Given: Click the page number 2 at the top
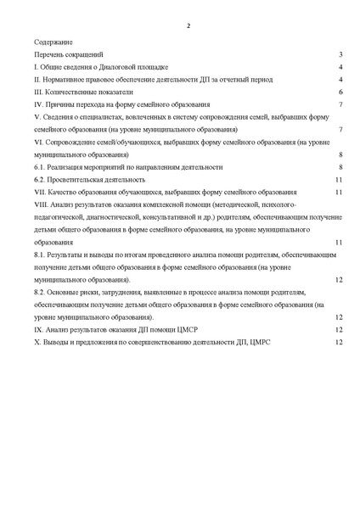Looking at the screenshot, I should tap(188, 26).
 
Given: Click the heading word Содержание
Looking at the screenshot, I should tap(53, 41).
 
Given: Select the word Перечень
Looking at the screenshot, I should tap(49, 53).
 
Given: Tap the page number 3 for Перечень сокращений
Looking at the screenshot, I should tap(340, 53).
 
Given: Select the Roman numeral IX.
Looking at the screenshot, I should tap(39, 329).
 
